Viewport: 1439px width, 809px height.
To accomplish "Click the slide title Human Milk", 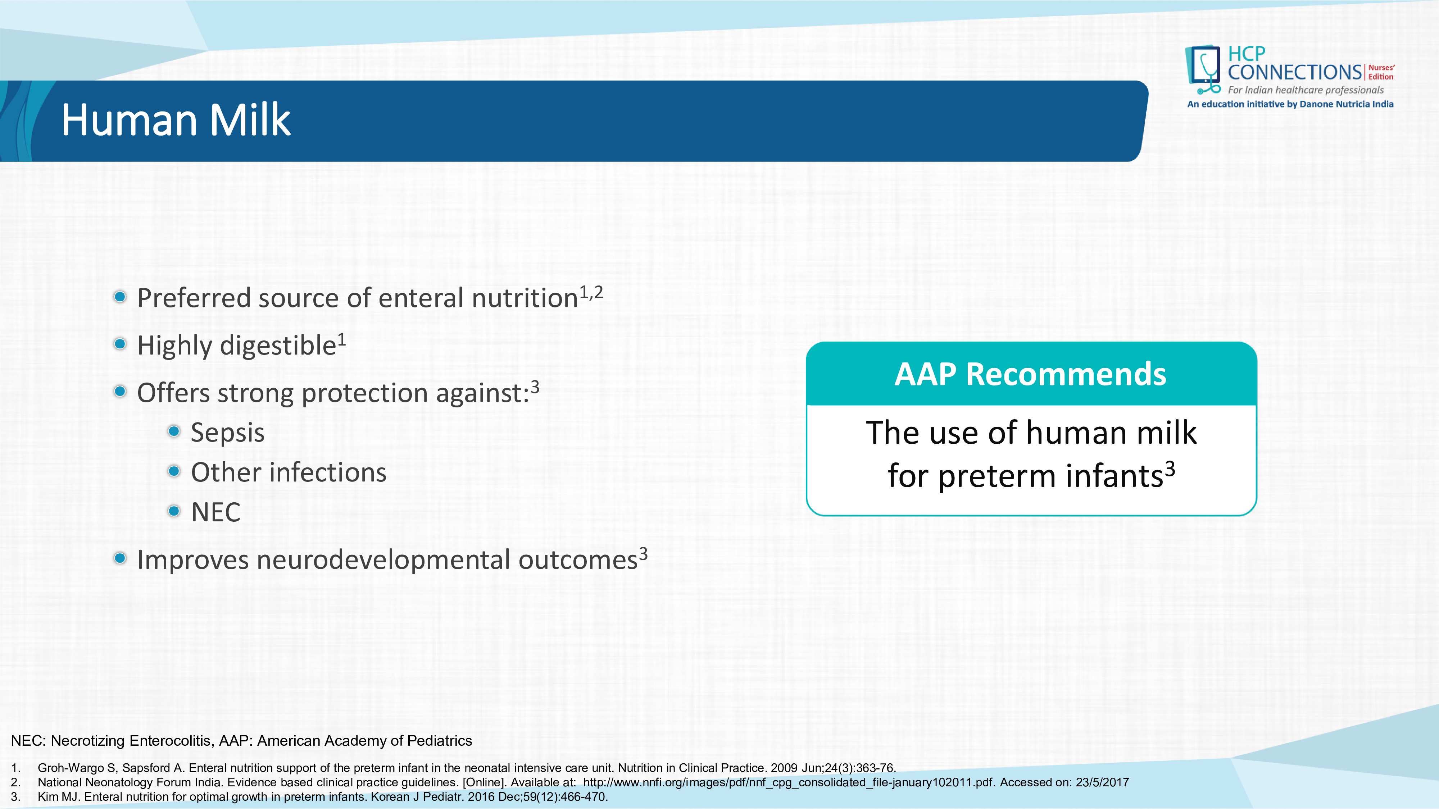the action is pyautogui.click(x=176, y=120).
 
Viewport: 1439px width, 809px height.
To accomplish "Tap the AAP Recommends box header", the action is pyautogui.click(x=1031, y=374).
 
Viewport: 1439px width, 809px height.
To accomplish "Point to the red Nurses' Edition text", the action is pyautogui.click(x=1381, y=72).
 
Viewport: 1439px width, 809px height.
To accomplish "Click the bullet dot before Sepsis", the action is pyautogui.click(x=174, y=431).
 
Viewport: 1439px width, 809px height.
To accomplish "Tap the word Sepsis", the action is pyautogui.click(x=227, y=433).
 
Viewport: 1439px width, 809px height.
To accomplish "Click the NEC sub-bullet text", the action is pyautogui.click(x=215, y=512).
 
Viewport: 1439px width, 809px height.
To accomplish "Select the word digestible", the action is pyautogui.click(x=278, y=346).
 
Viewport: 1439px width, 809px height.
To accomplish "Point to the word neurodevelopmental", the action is pyautogui.click(x=384, y=560).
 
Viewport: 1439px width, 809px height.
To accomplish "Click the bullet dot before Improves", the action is pyautogui.click(x=119, y=558).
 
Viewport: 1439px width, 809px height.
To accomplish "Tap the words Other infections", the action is pyautogui.click(x=289, y=472).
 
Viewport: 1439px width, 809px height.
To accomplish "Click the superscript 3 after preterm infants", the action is pyautogui.click(x=1170, y=469).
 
